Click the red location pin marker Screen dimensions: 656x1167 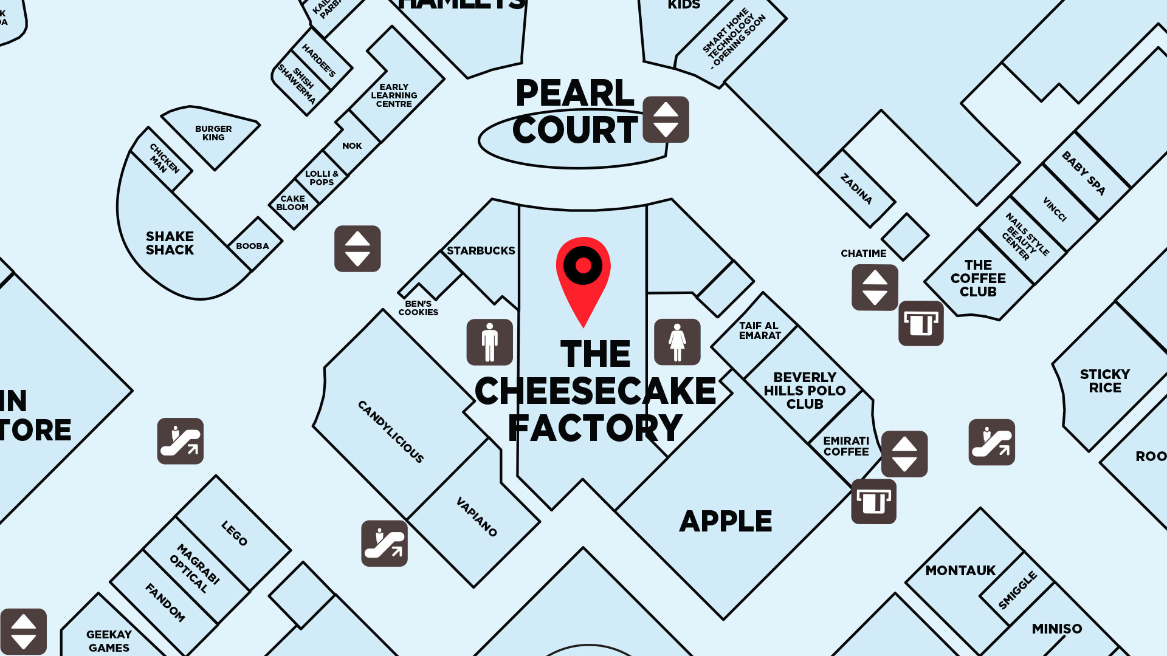583,273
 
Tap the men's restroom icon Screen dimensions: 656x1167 489,342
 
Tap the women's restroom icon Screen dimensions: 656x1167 677,342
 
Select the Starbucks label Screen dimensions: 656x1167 481,250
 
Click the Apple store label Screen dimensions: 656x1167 726,521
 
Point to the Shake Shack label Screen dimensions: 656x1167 170,243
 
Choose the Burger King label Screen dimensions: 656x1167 213,133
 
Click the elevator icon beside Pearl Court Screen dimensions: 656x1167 666,120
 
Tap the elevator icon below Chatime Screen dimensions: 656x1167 875,287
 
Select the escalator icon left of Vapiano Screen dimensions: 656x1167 384,543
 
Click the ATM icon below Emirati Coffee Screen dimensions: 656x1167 873,502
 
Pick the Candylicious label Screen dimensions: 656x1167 391,432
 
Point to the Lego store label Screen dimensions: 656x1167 234,533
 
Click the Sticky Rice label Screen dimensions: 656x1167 1104,381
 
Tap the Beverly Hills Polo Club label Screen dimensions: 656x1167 804,391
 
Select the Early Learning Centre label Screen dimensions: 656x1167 394,95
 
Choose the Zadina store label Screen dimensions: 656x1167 856,189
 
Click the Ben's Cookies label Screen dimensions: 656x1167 418,308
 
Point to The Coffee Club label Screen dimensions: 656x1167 978,278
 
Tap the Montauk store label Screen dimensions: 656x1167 960,570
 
